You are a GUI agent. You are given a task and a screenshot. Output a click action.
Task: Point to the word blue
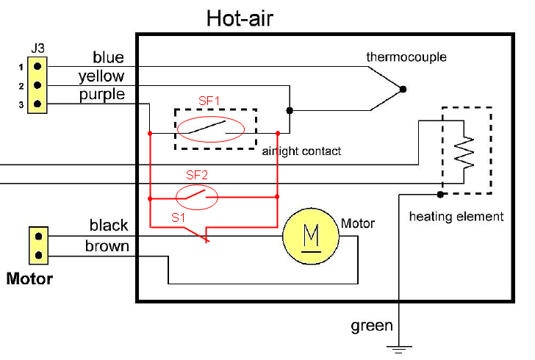click(x=108, y=57)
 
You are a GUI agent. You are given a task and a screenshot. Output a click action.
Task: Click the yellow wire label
click(x=101, y=76)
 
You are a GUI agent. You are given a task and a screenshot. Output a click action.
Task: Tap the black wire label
click(x=109, y=226)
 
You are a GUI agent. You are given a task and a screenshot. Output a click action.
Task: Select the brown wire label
click(x=107, y=246)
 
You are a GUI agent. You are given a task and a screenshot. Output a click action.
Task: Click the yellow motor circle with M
click(x=311, y=235)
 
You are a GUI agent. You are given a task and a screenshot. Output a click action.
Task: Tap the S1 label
click(x=179, y=217)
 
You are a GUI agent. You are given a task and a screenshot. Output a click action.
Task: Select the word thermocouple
click(x=406, y=57)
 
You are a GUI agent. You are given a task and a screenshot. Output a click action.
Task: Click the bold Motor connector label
click(x=29, y=279)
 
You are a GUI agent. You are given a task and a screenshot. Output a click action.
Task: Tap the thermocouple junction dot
click(x=402, y=90)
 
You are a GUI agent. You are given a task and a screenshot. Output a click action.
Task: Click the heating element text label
click(x=456, y=217)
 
